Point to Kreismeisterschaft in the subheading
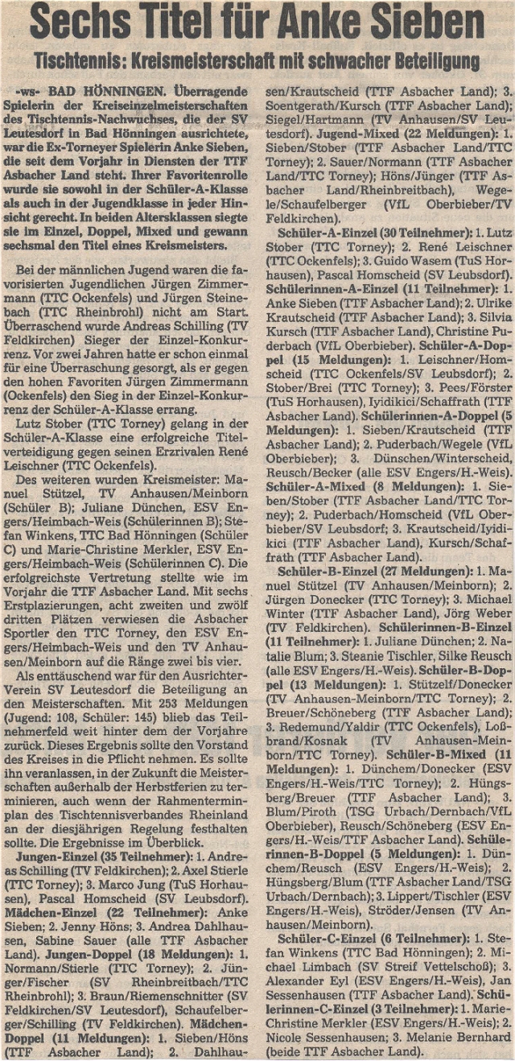pyautogui.click(x=226, y=61)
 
